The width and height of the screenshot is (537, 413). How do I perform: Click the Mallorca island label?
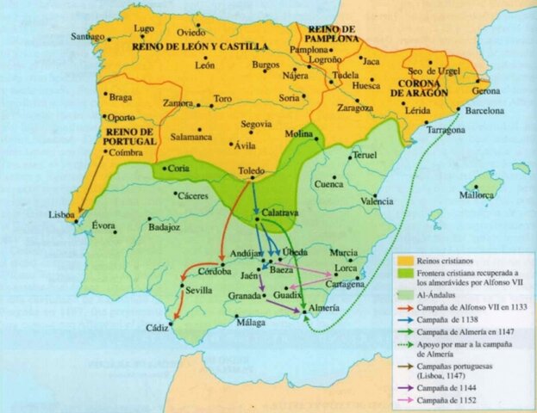pos(476,195)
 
